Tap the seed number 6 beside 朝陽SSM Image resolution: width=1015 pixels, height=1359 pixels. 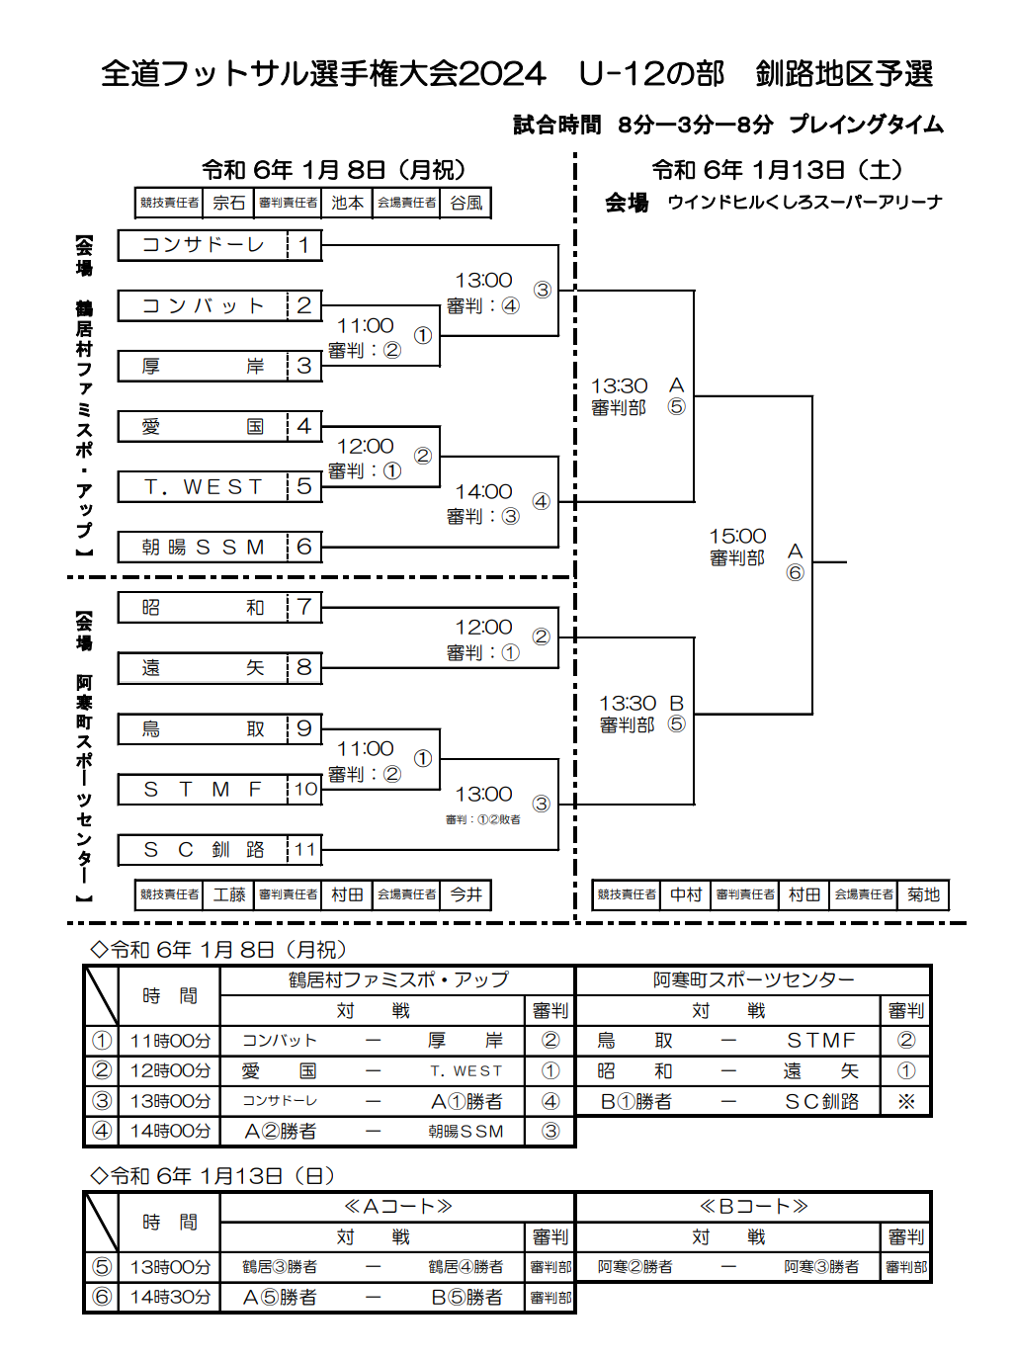(x=303, y=547)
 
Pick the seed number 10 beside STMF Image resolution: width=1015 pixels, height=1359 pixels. (x=305, y=790)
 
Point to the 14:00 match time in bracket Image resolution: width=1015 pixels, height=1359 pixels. (x=484, y=491)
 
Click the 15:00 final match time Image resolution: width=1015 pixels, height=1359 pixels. (x=737, y=536)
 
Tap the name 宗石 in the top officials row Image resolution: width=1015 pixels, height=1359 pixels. (x=228, y=203)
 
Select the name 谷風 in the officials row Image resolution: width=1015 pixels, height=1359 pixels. (x=466, y=203)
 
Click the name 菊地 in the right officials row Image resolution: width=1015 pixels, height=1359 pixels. (x=923, y=894)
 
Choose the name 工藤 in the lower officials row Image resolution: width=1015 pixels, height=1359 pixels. (x=228, y=894)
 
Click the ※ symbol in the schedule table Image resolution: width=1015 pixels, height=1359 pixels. (x=906, y=1101)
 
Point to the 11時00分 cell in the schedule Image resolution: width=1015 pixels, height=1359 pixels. (x=170, y=1041)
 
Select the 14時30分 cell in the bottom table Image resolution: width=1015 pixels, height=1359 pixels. (x=170, y=1297)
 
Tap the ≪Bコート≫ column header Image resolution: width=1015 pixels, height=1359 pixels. (x=753, y=1206)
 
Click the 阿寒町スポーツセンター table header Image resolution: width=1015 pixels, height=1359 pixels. (x=753, y=979)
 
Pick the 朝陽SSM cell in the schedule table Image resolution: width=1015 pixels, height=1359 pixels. (x=465, y=1131)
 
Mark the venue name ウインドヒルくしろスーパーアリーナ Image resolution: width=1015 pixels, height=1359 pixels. (x=804, y=203)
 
